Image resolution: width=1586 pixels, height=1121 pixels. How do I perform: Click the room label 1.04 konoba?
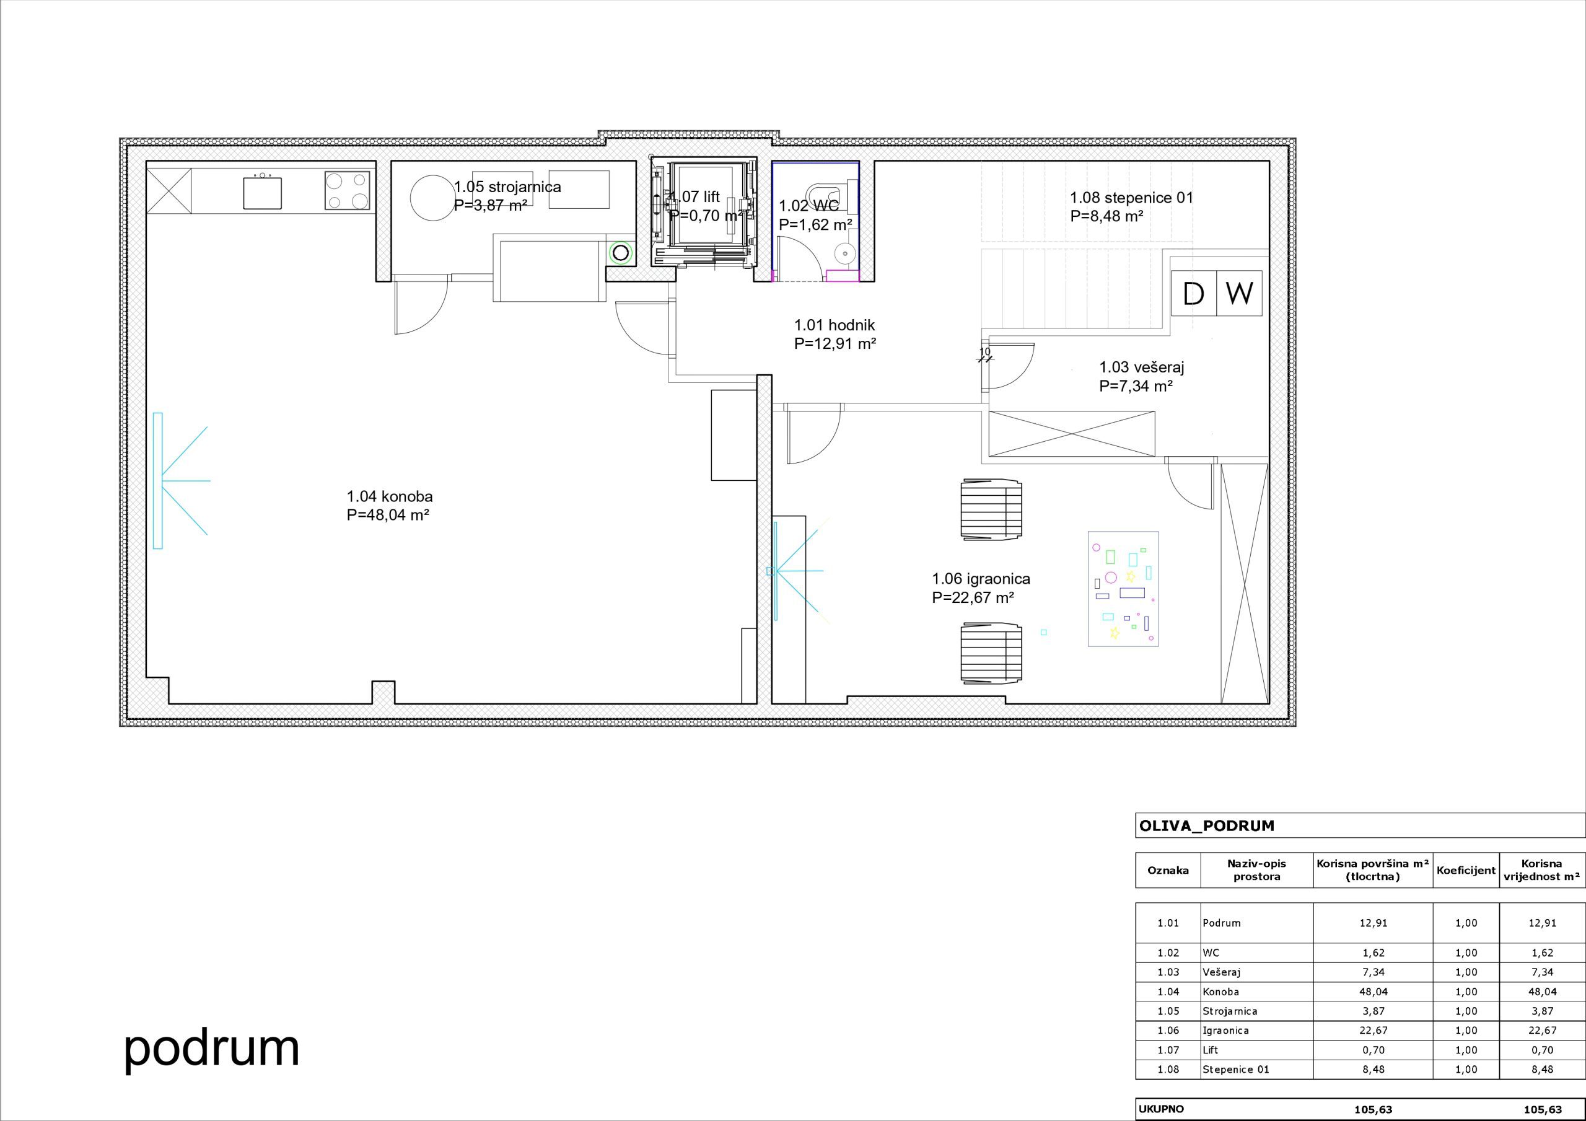pyautogui.click(x=390, y=496)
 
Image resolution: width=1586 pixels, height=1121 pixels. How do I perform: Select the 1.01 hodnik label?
pyautogui.click(x=835, y=325)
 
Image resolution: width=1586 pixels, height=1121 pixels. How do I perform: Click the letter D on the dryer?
pyautogui.click(x=1194, y=294)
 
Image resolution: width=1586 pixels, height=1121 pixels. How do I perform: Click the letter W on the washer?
pyautogui.click(x=1239, y=293)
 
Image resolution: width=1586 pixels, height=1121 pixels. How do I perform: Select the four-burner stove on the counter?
pyautogui.click(x=348, y=191)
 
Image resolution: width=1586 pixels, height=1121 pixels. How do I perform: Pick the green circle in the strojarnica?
pyautogui.click(x=621, y=253)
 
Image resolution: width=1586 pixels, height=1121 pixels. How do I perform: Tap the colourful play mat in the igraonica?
pyautogui.click(x=1123, y=589)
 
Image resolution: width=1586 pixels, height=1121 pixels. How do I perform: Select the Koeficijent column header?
pyautogui.click(x=1466, y=870)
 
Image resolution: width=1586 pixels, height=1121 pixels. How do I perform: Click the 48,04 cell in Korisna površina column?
pyautogui.click(x=1374, y=991)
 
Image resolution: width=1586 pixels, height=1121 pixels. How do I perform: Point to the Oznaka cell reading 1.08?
pyautogui.click(x=1168, y=1069)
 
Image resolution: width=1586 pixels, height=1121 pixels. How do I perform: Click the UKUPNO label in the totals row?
pyautogui.click(x=1161, y=1109)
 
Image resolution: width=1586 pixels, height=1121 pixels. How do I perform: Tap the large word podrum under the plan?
pyautogui.click(x=212, y=1048)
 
